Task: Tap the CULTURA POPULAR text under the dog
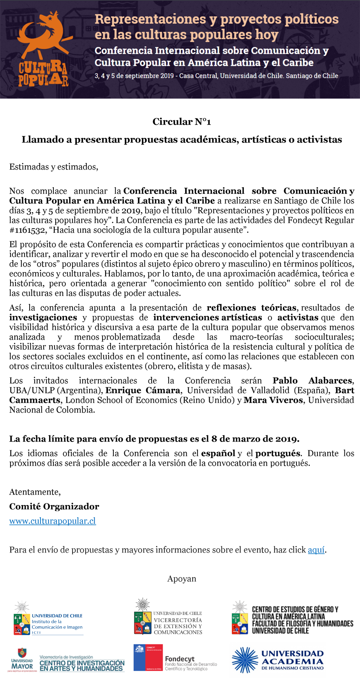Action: coord(43,74)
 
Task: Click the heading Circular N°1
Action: coord(182,122)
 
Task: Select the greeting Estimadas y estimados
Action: coord(54,167)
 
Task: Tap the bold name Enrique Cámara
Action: coord(143,391)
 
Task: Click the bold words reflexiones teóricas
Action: coord(251,308)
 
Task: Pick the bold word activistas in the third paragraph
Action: coord(298,318)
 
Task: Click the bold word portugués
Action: coord(278,454)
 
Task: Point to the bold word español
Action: coord(218,454)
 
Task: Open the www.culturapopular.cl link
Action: coord(53,521)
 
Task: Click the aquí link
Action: coord(316,550)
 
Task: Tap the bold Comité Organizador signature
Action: coord(54,507)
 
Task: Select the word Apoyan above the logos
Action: coord(182,579)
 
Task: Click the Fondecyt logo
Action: coord(175,658)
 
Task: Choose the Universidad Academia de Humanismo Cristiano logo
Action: coord(278,660)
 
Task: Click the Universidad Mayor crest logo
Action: coord(23,660)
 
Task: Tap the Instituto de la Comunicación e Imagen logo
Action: coord(48,619)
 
